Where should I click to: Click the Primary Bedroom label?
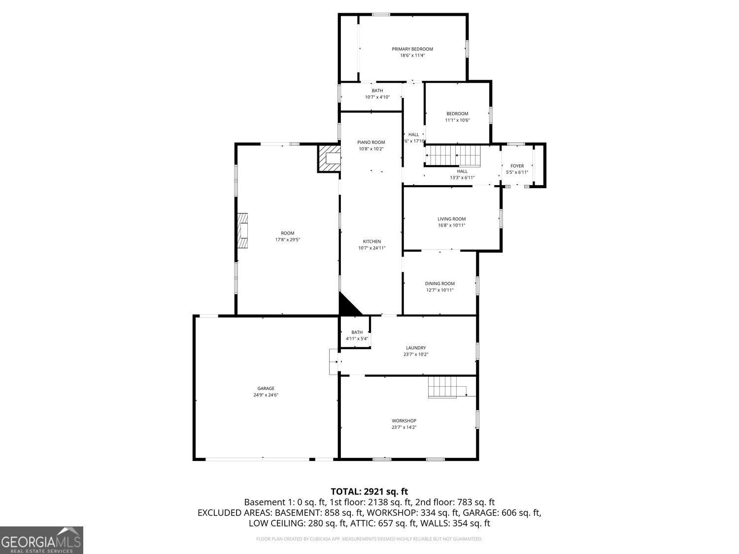pos(412,49)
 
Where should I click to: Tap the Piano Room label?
pos(371,142)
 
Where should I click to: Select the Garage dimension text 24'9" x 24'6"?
pos(266,395)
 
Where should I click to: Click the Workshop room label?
pos(404,421)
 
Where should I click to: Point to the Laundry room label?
pos(416,348)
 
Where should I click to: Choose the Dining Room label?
pos(439,284)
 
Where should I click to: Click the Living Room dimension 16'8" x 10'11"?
pos(451,226)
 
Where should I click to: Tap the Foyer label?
pos(517,166)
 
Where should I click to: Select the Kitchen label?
pos(372,241)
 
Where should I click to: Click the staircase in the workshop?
pos(442,387)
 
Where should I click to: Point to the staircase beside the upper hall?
pos(453,156)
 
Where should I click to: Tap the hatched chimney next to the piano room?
pos(329,158)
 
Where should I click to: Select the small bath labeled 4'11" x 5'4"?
pos(357,335)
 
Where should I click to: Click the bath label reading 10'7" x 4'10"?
pos(377,94)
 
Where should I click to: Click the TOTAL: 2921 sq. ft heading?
pos(369,491)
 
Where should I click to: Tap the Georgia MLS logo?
pos(41,540)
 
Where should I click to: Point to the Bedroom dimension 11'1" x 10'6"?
pos(457,120)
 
